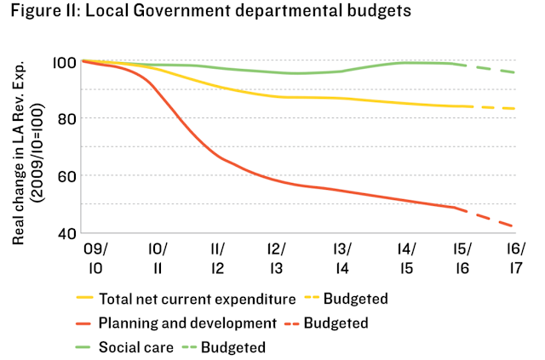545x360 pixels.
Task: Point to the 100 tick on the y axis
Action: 66,62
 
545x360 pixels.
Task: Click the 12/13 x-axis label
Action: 277,258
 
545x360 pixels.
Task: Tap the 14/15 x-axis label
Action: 406,258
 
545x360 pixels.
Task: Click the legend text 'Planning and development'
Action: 187,323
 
